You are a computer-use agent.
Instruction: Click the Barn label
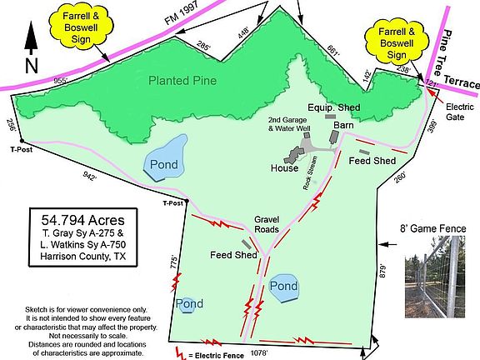pos(343,125)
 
